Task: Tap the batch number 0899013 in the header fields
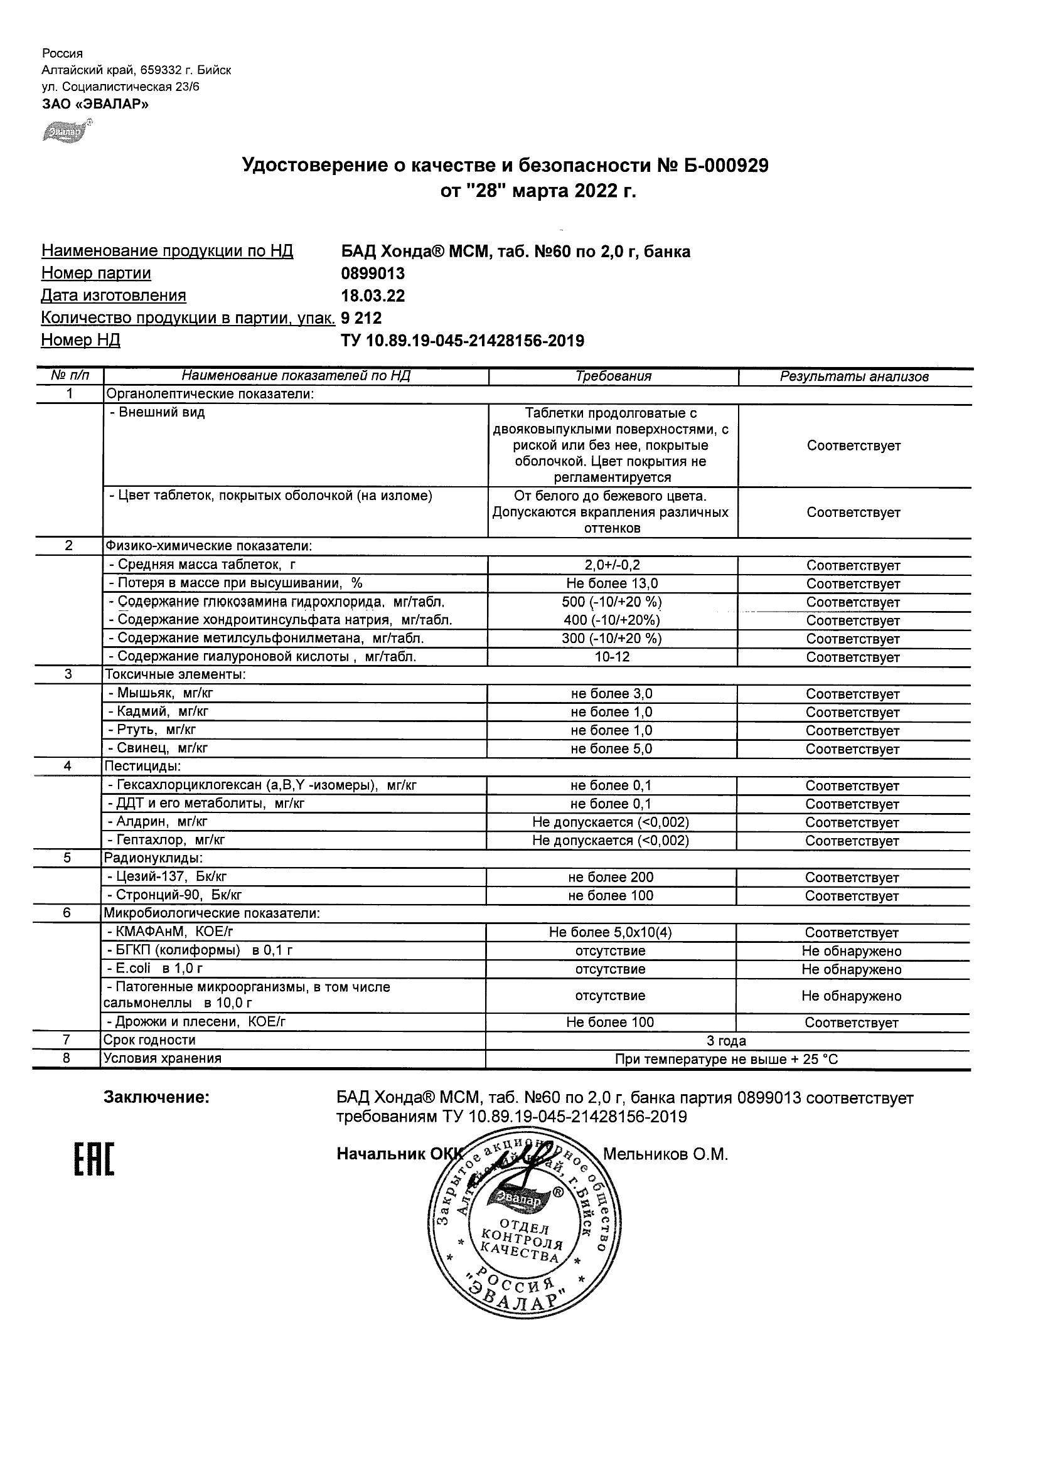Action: (x=373, y=274)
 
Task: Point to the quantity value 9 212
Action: (x=361, y=319)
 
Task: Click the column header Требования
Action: (x=613, y=376)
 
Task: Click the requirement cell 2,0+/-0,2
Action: (x=612, y=565)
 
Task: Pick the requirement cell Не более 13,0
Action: (x=612, y=583)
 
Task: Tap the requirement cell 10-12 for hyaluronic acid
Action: (x=612, y=657)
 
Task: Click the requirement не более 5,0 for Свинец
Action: (x=611, y=749)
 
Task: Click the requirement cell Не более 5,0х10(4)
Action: (x=610, y=933)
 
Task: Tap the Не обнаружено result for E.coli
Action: (x=851, y=970)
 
